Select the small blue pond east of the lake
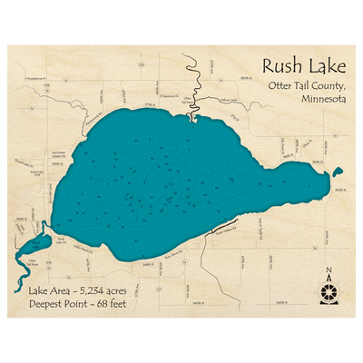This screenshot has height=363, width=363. pyautogui.click(x=338, y=171)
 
